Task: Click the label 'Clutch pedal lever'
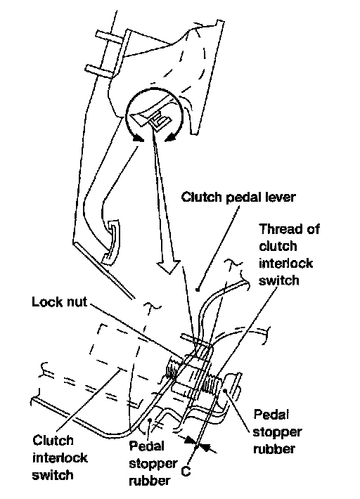238,197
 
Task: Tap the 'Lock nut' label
60,302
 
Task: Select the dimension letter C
186,471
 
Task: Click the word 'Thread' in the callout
278,229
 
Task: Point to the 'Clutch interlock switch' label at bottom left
60,458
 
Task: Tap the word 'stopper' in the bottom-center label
153,464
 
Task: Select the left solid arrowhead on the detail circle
138,138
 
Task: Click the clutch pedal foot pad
110,241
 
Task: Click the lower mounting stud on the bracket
101,71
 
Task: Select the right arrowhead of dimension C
206,447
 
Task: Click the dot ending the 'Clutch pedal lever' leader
198,290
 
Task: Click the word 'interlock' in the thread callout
285,263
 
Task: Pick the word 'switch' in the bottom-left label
53,475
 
